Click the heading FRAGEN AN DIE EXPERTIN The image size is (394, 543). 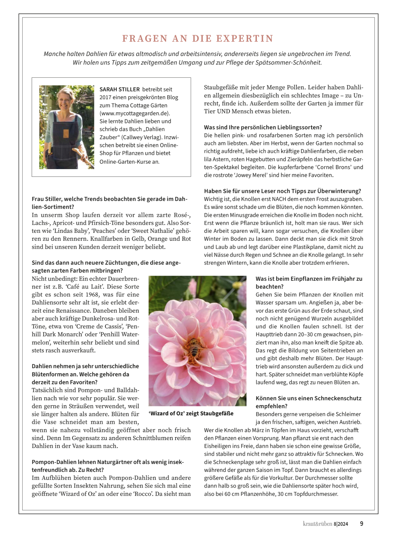pyautogui.click(x=198, y=38)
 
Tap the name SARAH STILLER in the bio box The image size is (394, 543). pyautogui.click(x=120, y=89)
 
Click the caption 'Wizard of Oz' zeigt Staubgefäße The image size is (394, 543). pyautogui.click(x=191, y=413)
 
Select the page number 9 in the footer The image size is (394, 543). pyautogui.click(x=362, y=524)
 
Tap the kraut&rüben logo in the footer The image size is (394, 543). pyautogui.click(x=317, y=524)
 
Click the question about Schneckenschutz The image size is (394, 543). pyautogui.click(x=308, y=402)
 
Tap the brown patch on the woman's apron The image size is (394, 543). pyautogui.click(x=66, y=134)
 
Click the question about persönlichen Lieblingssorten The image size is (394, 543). pyautogui.click(x=263, y=127)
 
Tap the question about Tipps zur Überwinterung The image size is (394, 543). pyautogui.click(x=282, y=191)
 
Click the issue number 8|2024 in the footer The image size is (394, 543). pyautogui.click(x=341, y=524)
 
